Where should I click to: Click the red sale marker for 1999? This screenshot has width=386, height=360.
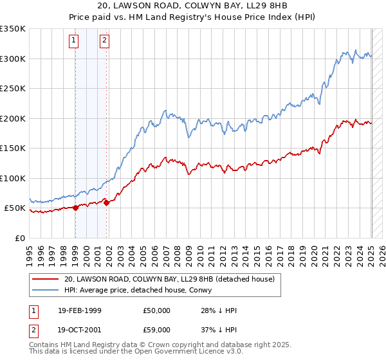coord(75,208)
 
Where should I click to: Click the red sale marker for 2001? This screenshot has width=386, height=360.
coord(106,203)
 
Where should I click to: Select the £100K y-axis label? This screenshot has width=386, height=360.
coord(13,178)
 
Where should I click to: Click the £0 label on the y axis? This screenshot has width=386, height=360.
coord(19,238)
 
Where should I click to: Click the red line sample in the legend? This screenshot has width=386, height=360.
coord(45,279)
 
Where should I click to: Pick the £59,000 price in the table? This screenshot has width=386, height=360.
coord(157,329)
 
